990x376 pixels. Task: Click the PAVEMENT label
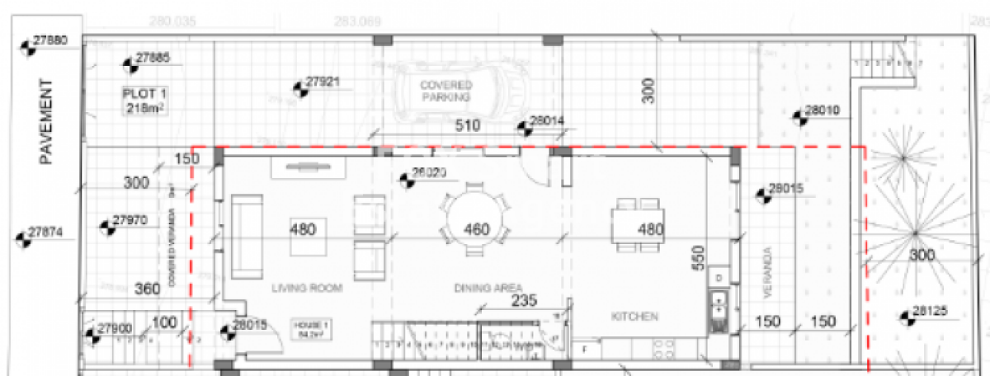tap(46, 121)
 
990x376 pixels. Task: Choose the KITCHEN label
tap(634, 316)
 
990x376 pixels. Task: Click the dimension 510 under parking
tap(469, 126)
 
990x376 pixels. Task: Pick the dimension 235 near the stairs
tap(522, 301)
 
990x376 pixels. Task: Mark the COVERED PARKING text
tap(446, 91)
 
